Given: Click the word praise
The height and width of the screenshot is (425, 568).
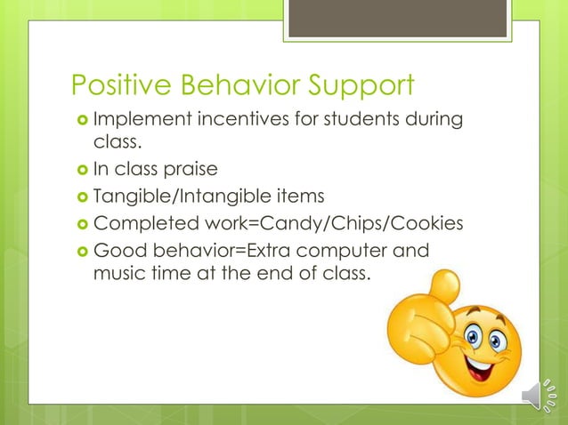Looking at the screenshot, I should tap(195, 169).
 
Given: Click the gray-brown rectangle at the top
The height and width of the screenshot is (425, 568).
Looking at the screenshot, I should tap(397, 18).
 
